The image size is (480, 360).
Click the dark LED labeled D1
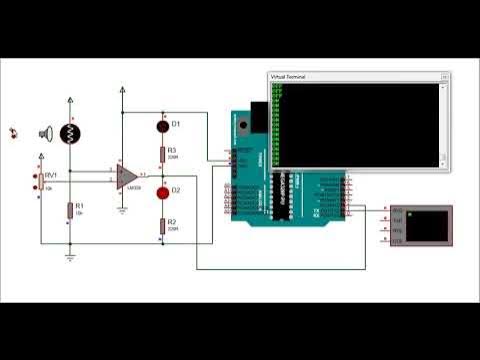(x=162, y=125)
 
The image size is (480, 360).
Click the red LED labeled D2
(x=162, y=191)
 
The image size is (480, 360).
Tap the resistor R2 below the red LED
(x=162, y=226)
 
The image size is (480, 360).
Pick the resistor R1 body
(x=69, y=210)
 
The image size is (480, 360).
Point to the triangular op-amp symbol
(x=126, y=177)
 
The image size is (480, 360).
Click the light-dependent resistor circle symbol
(x=69, y=134)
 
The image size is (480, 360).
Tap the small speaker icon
(x=45, y=132)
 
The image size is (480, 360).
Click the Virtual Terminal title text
(x=293, y=77)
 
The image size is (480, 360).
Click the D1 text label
(x=176, y=124)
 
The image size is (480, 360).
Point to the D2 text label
(x=176, y=190)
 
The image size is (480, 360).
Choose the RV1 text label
(x=50, y=174)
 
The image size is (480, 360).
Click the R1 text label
(x=80, y=205)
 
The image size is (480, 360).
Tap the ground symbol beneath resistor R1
(x=69, y=256)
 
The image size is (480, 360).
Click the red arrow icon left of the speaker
(x=14, y=131)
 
